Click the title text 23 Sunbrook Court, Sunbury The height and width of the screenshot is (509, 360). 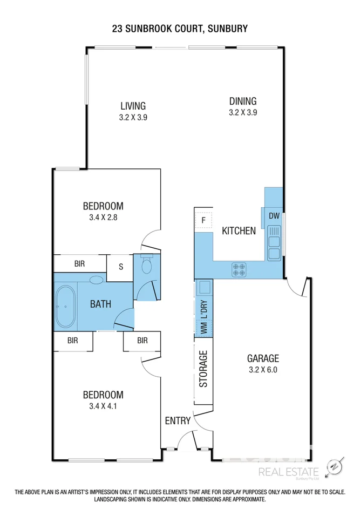point(180,29)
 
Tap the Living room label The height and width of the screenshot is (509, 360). point(133,106)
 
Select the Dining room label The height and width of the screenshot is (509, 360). point(242,101)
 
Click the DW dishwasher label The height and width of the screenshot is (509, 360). point(274,216)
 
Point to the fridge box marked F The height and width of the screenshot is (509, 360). point(203,220)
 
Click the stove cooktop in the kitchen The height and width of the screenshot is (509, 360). point(239,269)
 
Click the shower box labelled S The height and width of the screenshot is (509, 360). point(120,267)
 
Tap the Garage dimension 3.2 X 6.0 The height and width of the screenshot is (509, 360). point(263,370)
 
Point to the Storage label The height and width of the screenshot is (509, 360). point(203,369)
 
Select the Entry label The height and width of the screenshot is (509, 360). point(176,420)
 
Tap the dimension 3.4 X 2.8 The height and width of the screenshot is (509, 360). point(103,218)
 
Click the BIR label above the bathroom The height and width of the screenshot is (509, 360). point(79,264)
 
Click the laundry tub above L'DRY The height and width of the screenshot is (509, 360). point(205,287)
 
